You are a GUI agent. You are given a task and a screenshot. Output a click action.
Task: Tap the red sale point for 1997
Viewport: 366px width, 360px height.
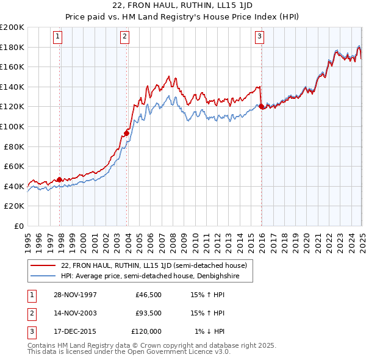60,179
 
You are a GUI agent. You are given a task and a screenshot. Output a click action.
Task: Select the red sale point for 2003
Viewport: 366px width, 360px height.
127,132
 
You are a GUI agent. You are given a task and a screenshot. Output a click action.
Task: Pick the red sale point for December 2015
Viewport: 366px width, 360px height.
262,106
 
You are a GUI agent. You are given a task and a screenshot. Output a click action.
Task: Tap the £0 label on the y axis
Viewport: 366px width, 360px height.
18,226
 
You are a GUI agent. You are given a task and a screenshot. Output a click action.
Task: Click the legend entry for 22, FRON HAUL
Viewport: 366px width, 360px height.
153,265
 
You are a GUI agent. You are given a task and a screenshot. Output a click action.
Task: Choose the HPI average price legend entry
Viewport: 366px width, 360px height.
149,276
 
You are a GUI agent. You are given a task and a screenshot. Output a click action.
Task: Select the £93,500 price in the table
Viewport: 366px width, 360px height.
148,313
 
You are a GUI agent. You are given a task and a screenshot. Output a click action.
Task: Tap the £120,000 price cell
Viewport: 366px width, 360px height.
146,331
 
